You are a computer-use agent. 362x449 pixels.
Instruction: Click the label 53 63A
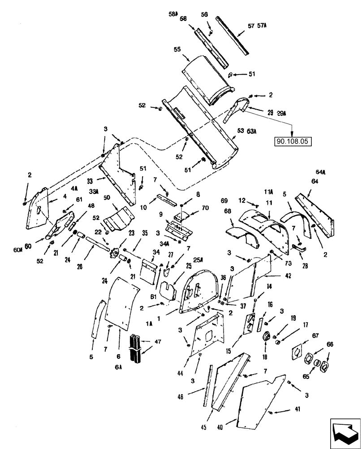click(x=247, y=131)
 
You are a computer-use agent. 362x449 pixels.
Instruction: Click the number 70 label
click(x=206, y=208)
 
